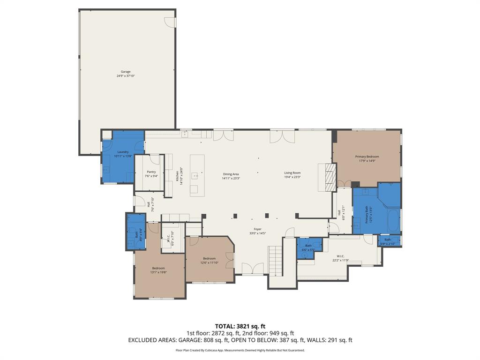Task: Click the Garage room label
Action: point(126,72)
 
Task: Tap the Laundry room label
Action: point(123,152)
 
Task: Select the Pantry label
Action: point(151,172)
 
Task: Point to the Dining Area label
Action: point(231,174)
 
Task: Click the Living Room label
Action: point(292,173)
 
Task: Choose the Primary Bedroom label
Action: point(367,157)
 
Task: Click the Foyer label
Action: point(257,229)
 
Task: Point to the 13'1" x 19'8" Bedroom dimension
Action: point(158,272)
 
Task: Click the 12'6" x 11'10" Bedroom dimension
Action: point(209,262)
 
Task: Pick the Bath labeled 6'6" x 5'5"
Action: point(308,247)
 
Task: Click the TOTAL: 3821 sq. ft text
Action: point(240,326)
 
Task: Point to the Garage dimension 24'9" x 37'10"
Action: point(126,75)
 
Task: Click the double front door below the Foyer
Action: point(252,269)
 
